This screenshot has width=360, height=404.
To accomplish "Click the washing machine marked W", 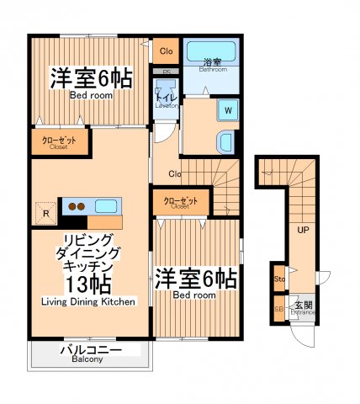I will [x=225, y=109].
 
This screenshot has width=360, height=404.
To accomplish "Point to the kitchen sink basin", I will [x=105, y=205].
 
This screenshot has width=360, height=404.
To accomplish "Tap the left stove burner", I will [x=72, y=205].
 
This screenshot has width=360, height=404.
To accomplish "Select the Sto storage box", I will [x=278, y=277].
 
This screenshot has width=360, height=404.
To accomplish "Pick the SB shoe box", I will [x=278, y=308].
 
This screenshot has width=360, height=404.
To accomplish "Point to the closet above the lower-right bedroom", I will [x=181, y=202].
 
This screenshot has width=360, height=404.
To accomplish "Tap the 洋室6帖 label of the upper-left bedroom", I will [x=90, y=78].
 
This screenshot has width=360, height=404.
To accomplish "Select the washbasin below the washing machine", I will [x=225, y=141].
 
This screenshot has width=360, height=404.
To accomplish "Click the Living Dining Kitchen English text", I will [x=87, y=300].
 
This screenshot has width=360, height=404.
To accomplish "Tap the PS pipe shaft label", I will [x=167, y=73].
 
